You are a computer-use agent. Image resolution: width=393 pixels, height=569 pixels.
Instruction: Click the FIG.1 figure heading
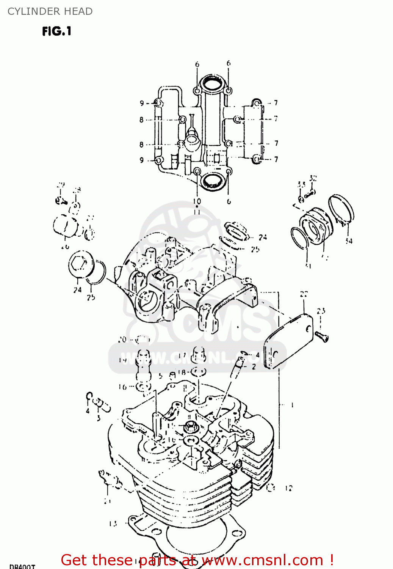click(x=57, y=31)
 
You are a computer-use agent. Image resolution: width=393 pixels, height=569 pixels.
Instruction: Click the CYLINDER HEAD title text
click(x=50, y=11)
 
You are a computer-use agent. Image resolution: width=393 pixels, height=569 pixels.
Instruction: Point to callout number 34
click(x=349, y=240)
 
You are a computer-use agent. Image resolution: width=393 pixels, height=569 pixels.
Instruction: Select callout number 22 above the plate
click(x=304, y=294)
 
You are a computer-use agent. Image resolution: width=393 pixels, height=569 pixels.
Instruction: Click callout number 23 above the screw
click(x=321, y=311)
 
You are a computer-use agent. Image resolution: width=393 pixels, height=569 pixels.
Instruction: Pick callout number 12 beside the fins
click(x=289, y=488)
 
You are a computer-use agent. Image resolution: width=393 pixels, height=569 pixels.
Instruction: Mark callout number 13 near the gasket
click(x=113, y=523)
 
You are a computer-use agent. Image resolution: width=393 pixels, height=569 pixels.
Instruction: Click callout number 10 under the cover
click(x=197, y=201)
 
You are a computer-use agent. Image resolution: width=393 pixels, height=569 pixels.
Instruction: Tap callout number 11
click(x=197, y=212)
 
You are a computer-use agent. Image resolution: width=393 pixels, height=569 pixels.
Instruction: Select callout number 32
click(x=313, y=178)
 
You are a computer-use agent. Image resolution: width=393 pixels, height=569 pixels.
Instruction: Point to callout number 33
click(x=301, y=184)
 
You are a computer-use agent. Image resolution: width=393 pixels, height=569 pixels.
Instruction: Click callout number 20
click(x=122, y=340)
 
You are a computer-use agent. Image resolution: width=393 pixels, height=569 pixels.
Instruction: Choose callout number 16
click(x=122, y=387)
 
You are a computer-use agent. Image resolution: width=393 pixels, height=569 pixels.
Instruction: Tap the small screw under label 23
click(x=322, y=336)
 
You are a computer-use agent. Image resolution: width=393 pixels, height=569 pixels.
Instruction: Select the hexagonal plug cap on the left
click(x=81, y=264)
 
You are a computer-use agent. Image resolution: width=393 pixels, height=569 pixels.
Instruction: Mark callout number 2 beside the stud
click(x=254, y=367)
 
